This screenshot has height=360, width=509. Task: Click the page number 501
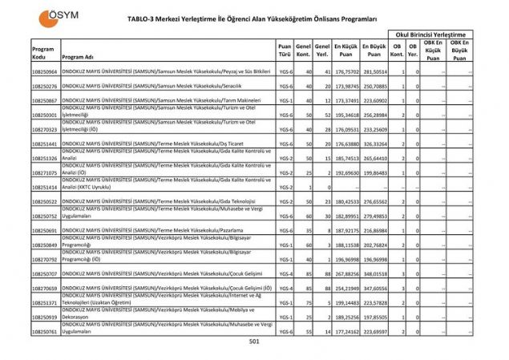[x=255, y=342]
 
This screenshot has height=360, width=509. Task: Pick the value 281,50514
[x=374, y=72]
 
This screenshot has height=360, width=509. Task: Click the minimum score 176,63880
[x=346, y=144]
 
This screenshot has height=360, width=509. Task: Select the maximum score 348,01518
[x=374, y=273]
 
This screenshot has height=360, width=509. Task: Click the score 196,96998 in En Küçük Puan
[x=346, y=260]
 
